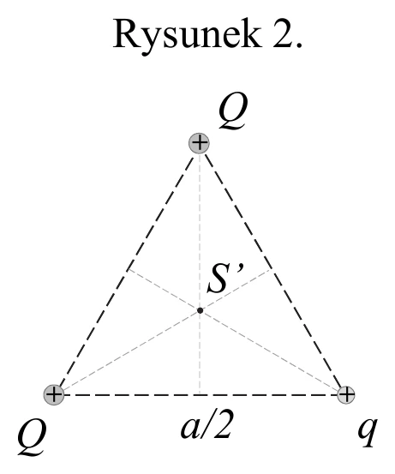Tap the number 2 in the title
(x=284, y=33)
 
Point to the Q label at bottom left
(x=32, y=437)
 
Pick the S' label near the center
(x=225, y=278)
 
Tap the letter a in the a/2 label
(x=189, y=429)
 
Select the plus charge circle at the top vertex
(x=199, y=143)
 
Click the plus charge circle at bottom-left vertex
(x=54, y=394)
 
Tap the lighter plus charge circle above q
(x=346, y=394)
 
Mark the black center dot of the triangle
(x=200, y=310)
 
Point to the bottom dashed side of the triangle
(x=200, y=395)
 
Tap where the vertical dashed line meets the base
(x=200, y=394)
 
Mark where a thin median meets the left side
(x=128, y=269)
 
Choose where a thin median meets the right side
(x=272, y=269)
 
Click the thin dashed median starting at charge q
(x=235, y=329)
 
